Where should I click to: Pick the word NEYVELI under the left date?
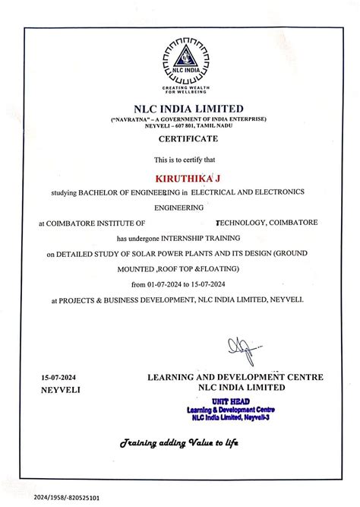(59, 389)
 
